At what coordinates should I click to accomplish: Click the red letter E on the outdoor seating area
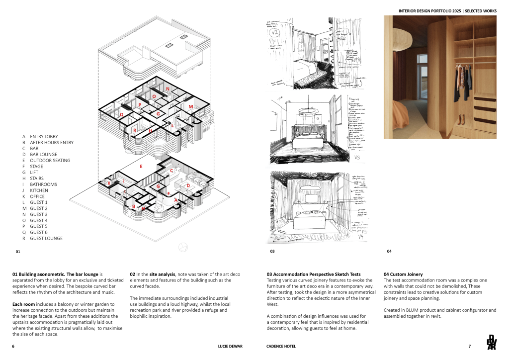142,167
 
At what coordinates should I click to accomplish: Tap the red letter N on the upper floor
168,90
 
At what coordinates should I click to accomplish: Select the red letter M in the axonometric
190,106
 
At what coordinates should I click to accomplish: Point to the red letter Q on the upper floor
122,114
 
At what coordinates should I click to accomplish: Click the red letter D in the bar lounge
188,185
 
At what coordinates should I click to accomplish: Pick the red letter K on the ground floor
109,183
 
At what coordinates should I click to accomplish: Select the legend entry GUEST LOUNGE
46,238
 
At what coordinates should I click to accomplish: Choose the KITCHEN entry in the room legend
39,190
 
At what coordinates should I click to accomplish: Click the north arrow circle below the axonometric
182,247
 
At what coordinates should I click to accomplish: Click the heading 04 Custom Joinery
403,274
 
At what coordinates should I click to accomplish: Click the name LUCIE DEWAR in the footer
229,346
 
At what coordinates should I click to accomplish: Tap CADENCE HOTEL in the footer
274,346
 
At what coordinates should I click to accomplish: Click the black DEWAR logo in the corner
491,344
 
